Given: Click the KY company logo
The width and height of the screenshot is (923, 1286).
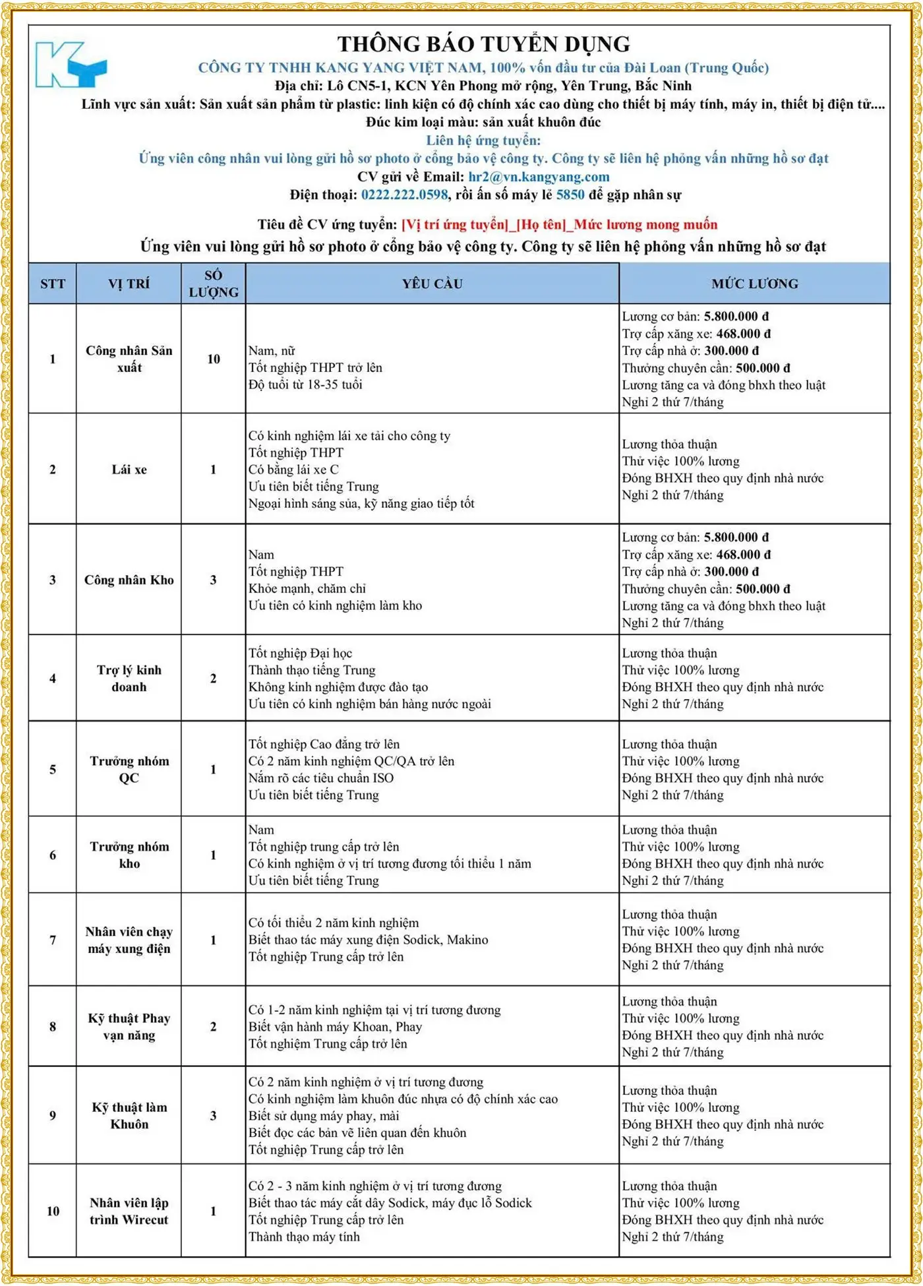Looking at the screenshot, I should pyautogui.click(x=70, y=65).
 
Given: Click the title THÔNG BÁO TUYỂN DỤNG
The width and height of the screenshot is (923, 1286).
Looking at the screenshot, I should pyautogui.click(x=483, y=44).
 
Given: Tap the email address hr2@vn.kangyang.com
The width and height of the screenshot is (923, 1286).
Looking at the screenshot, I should pyautogui.click(x=539, y=177).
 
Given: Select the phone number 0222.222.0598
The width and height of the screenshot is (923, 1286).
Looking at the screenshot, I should pyautogui.click(x=404, y=195).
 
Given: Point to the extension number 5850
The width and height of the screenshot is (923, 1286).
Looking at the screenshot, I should pyautogui.click(x=570, y=195).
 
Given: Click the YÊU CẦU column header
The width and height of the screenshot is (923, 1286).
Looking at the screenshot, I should pyautogui.click(x=432, y=284).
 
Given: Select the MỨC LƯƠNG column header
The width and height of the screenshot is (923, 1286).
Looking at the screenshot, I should pyautogui.click(x=754, y=284).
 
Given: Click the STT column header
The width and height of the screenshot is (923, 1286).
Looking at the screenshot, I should pyautogui.click(x=53, y=284).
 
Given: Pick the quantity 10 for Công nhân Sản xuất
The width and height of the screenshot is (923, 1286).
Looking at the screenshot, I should pyautogui.click(x=214, y=359).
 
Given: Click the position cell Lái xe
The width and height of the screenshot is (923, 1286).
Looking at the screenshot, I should pyautogui.click(x=129, y=470).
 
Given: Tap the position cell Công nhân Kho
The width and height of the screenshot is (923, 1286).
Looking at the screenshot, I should pyautogui.click(x=129, y=580).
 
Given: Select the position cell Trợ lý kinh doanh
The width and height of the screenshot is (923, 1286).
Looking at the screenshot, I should pyautogui.click(x=129, y=679).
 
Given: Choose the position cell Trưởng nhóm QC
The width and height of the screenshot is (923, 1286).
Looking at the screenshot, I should pyautogui.click(x=129, y=770).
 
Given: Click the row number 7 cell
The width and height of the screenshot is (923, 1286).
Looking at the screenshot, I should pyautogui.click(x=53, y=940).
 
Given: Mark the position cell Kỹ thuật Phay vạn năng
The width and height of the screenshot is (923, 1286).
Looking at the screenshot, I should pyautogui.click(x=129, y=1027).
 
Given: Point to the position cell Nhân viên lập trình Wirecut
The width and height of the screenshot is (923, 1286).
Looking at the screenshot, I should pyautogui.click(x=129, y=1211).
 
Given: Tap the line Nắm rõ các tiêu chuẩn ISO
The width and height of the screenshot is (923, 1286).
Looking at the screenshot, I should pyautogui.click(x=321, y=778).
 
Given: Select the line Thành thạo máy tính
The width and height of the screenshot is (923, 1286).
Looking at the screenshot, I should pyautogui.click(x=304, y=1237).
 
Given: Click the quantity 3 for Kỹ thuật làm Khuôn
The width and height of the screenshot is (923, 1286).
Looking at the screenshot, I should pyautogui.click(x=214, y=1116).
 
